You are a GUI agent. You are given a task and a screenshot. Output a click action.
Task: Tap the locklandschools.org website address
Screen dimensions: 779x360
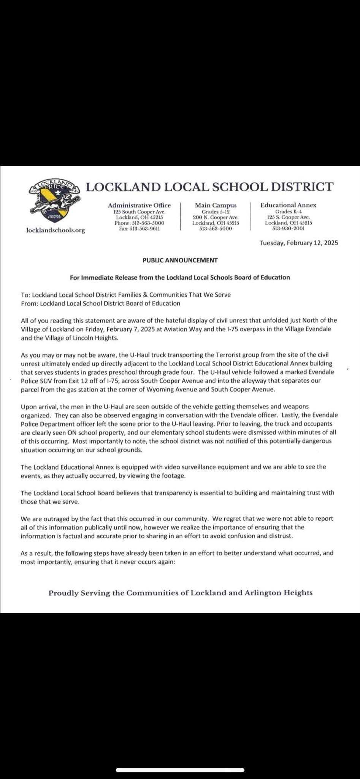coord(56,230)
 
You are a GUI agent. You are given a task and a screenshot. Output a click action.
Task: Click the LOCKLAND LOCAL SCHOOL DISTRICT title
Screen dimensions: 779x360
coord(209,187)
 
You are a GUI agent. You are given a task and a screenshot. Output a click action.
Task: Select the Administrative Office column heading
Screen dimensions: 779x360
coord(139,205)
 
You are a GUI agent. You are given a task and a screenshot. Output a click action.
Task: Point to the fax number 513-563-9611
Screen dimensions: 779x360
coord(139,229)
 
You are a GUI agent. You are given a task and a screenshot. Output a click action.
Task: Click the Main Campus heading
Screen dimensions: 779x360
coord(216,205)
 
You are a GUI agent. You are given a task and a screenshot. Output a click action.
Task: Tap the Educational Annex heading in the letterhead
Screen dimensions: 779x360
coord(288,205)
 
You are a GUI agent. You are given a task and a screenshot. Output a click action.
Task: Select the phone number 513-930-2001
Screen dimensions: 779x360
coord(288,229)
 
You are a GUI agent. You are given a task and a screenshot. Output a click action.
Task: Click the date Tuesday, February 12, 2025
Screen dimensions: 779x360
coord(298,243)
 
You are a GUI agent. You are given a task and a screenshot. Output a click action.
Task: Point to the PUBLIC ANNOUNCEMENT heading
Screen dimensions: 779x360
coord(180,260)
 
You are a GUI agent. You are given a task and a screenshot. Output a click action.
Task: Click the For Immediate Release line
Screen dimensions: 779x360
coord(180,277)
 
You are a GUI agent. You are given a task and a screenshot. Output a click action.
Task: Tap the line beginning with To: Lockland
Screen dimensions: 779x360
coord(126,294)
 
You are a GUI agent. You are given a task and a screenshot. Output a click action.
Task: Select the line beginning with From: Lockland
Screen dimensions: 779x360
coord(101,303)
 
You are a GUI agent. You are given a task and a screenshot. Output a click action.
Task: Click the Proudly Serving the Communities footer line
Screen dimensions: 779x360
coord(181,593)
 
